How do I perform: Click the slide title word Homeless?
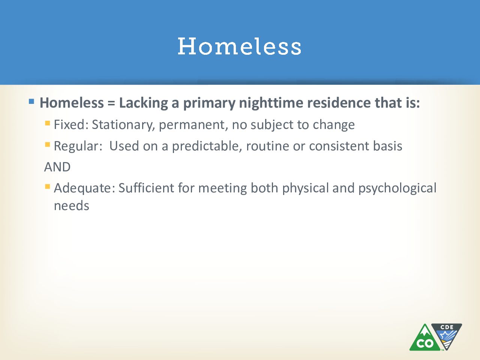tap(240, 46)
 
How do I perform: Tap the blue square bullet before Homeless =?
tap(31, 101)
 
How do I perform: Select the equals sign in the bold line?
tap(111, 103)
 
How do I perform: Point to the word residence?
tap(339, 102)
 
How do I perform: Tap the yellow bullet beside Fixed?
tap(48, 123)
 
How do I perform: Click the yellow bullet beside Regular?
tap(48, 145)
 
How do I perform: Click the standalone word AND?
tap(57, 167)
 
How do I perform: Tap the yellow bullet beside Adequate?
tap(48, 187)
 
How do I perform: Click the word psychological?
tap(397, 188)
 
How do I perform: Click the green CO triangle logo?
tap(424, 338)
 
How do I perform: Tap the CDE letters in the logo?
tap(447, 327)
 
